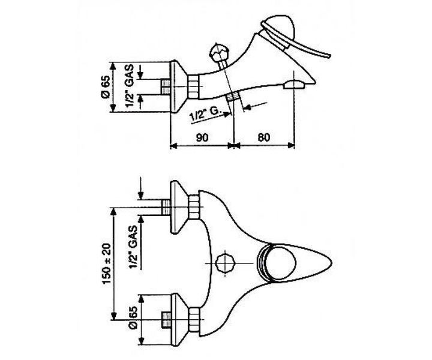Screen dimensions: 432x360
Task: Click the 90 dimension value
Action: pyautogui.click(x=202, y=137)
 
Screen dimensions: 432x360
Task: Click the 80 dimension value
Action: pyautogui.click(x=264, y=137)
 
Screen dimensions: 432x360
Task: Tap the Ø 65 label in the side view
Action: pyautogui.click(x=106, y=87)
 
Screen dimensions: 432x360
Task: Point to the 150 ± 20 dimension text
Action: pyautogui.click(x=107, y=263)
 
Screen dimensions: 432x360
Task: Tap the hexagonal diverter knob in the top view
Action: pyautogui.click(x=226, y=263)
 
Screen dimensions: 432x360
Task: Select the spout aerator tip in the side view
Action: pyautogui.click(x=294, y=84)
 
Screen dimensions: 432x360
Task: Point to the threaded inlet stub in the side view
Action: pyautogui.click(x=165, y=87)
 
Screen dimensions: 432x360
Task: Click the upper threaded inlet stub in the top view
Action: pyautogui.click(x=166, y=207)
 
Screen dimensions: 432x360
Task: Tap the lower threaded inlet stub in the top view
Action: pyautogui.click(x=166, y=320)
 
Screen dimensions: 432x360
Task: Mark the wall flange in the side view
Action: pyautogui.click(x=178, y=87)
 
